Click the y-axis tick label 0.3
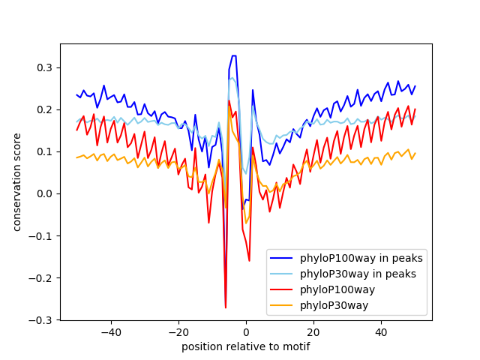pos(44,67)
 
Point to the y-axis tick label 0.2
pos(44,109)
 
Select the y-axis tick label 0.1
pos(44,151)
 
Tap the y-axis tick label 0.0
pos(44,193)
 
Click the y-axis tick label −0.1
pos(40,236)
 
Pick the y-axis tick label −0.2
pos(40,278)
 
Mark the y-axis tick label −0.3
pos(40,320)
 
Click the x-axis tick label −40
pos(111,332)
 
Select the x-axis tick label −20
pos(178,332)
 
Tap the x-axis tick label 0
pos(246,332)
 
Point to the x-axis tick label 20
pos(313,332)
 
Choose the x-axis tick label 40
pos(382,332)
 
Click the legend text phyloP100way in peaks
pos(361,258)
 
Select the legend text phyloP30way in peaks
pos(358,274)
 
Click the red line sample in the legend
pos(281,289)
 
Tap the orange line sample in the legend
pos(281,305)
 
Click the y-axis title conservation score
pos(16,182)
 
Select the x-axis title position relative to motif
pos(246,346)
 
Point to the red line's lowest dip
pos(226,307)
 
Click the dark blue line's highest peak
pos(234,55)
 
